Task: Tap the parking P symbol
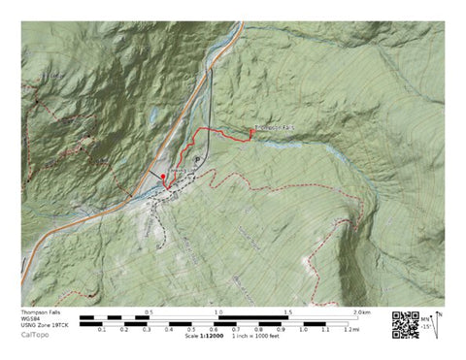197,159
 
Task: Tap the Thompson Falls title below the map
42,311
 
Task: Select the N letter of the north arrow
439,312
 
